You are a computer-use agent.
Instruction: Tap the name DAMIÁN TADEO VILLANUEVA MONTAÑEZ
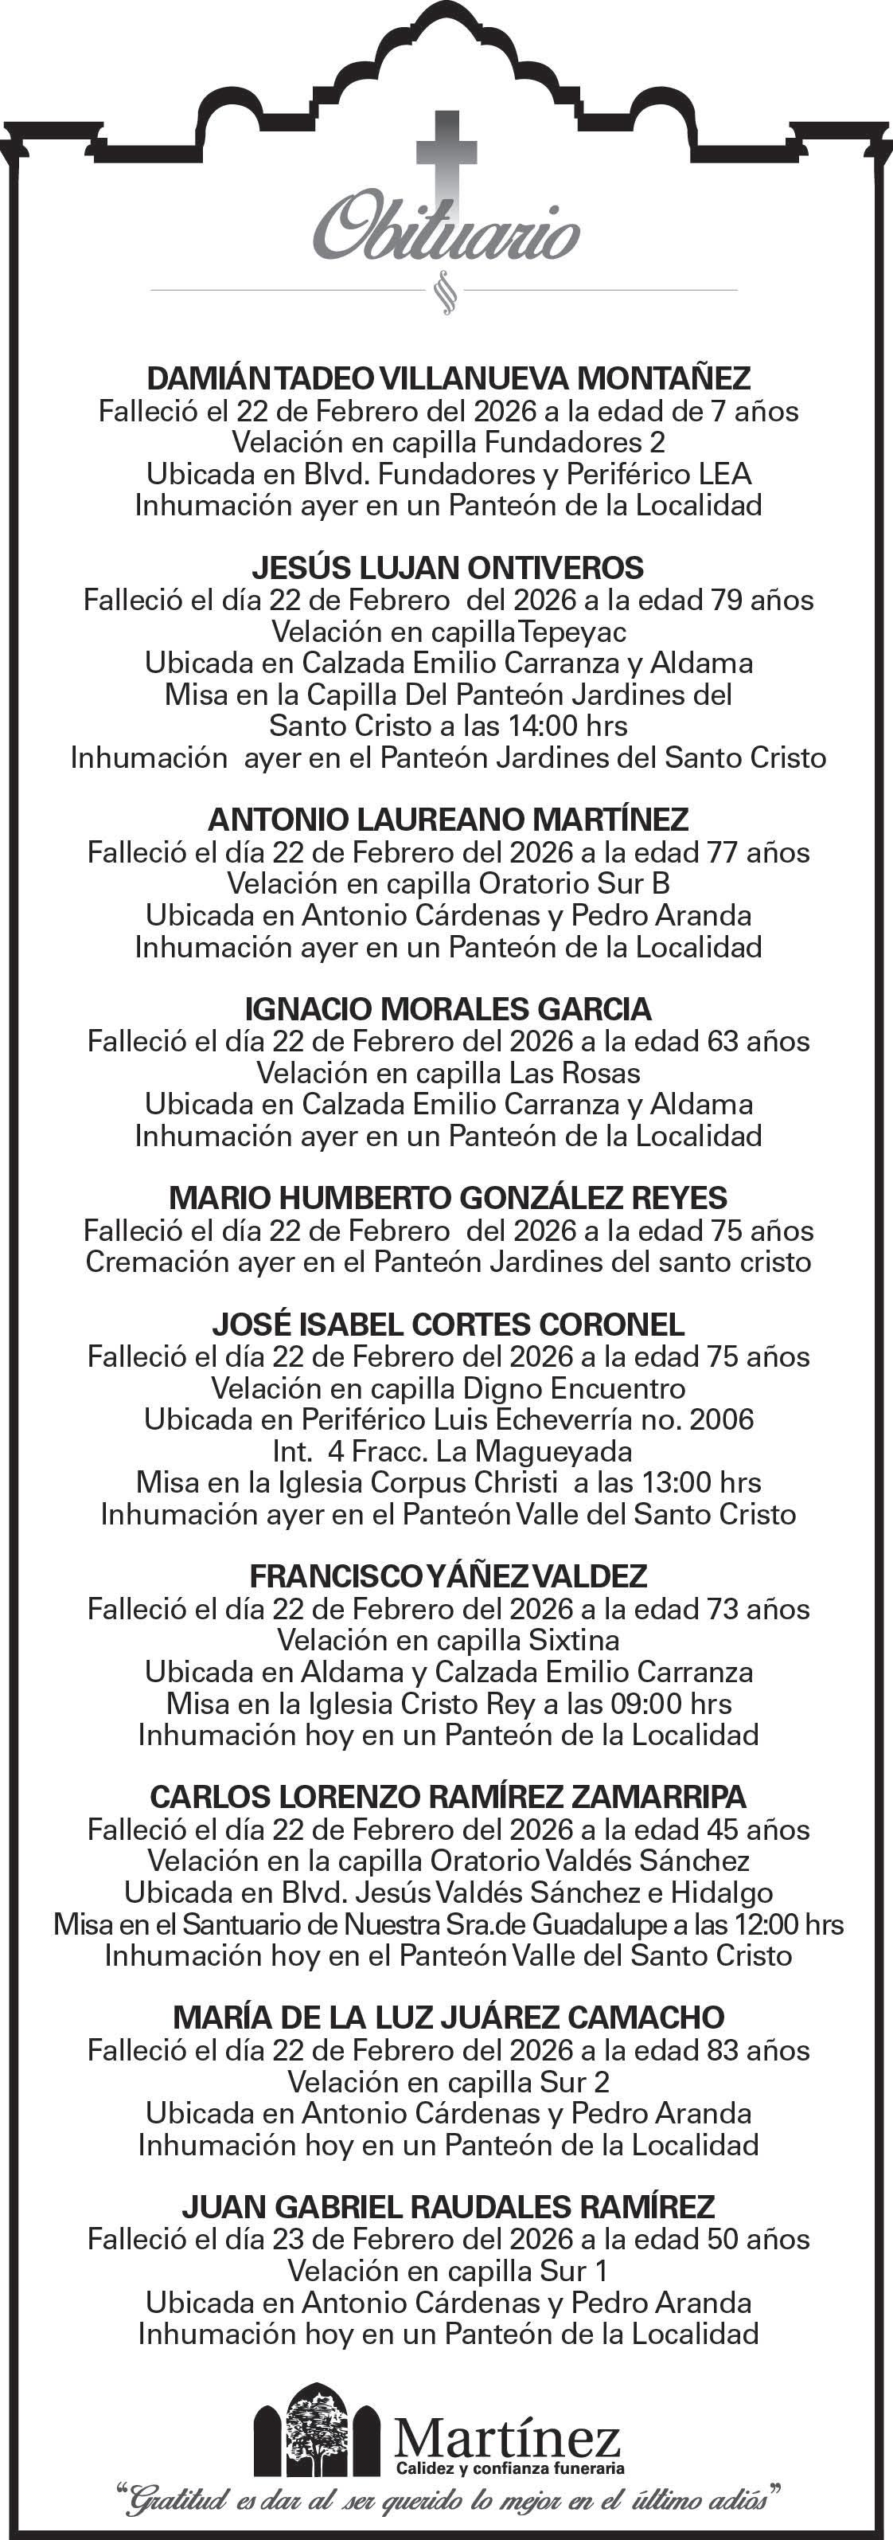tap(448, 378)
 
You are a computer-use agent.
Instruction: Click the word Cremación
tap(147, 1262)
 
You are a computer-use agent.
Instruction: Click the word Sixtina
tap(574, 1640)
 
